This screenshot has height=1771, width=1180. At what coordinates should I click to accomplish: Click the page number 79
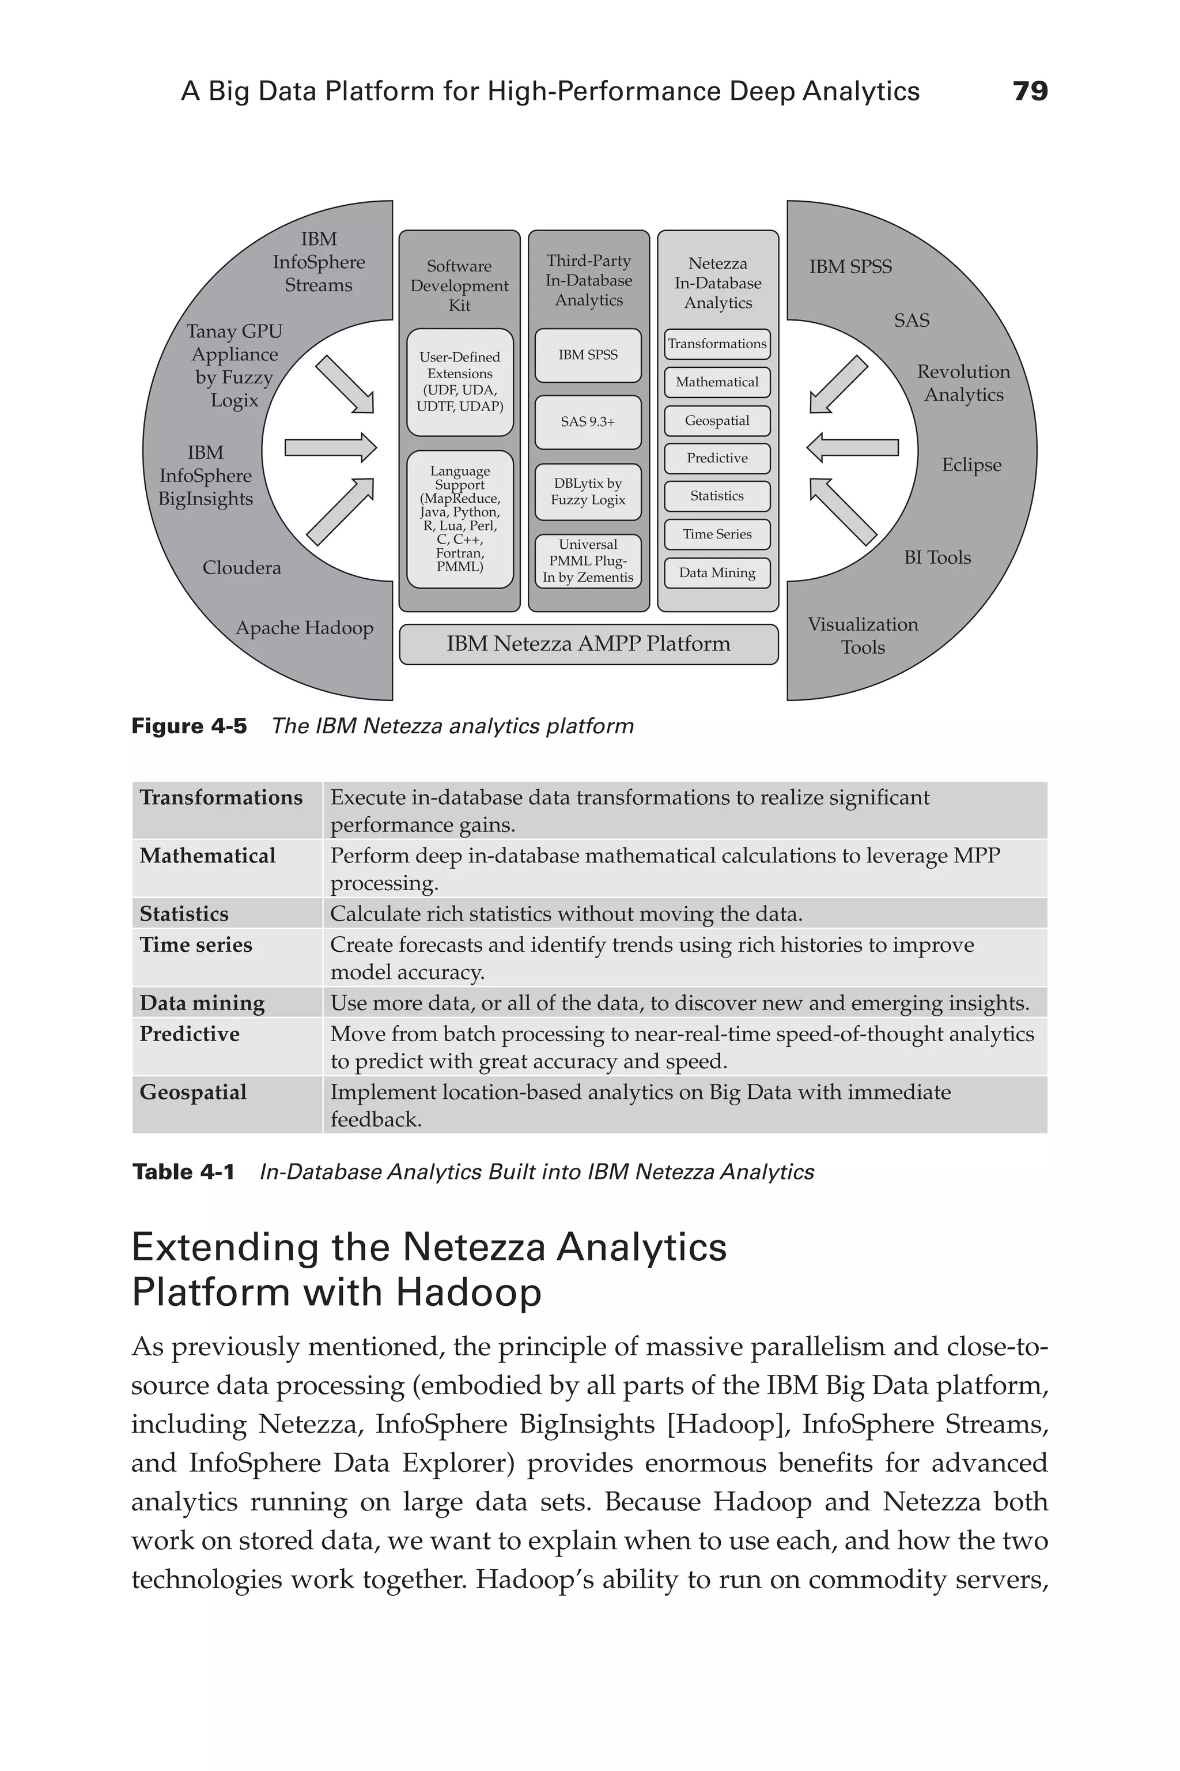click(x=1030, y=91)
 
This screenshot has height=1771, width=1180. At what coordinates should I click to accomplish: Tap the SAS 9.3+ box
click(x=588, y=421)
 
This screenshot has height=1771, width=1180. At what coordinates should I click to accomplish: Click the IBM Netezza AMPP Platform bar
click(x=588, y=644)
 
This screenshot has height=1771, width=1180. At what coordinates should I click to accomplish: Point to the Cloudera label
click(x=241, y=568)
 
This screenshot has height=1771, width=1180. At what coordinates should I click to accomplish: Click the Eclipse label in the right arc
click(x=971, y=465)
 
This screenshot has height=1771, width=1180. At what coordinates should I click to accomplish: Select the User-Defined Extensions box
click(x=460, y=382)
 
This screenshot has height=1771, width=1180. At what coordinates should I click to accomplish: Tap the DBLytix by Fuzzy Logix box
click(x=588, y=492)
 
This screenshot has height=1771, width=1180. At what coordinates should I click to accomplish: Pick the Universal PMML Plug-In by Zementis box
click(x=588, y=561)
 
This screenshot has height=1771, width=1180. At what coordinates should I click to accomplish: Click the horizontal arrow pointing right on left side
click(x=330, y=448)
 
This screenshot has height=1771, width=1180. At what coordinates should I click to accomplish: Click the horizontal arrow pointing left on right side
click(x=853, y=448)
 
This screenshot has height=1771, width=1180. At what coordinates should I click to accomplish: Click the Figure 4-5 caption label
click(x=189, y=726)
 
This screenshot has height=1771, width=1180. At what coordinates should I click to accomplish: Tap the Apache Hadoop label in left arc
click(x=304, y=628)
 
